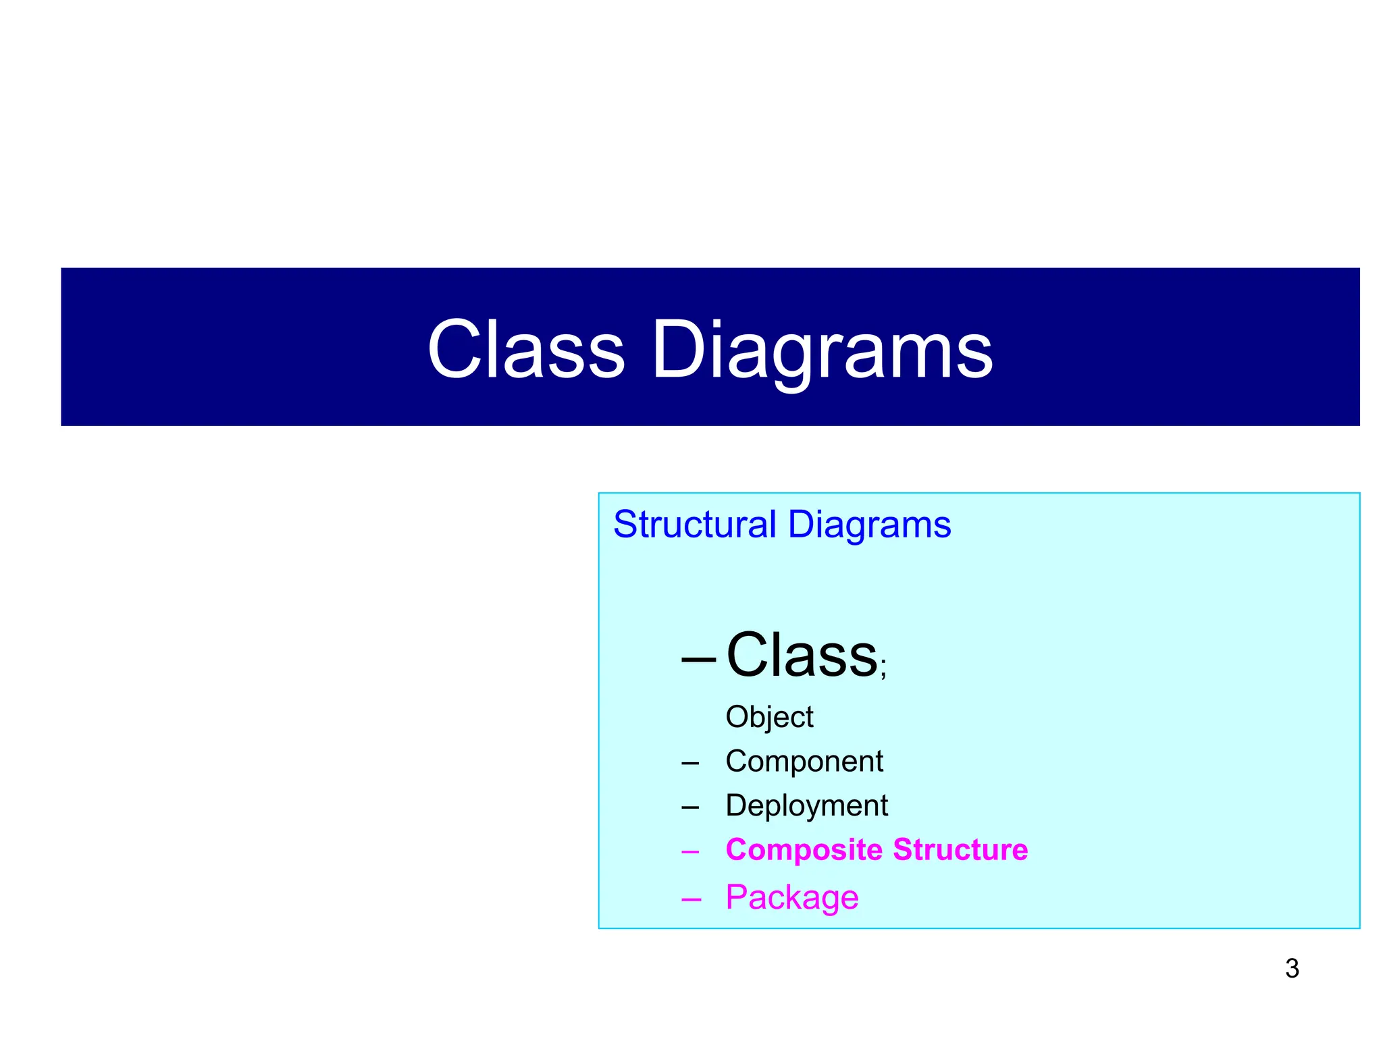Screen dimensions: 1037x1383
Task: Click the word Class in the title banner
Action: point(526,350)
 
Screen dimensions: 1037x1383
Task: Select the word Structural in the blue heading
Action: point(694,525)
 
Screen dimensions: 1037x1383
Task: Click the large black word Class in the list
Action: point(801,655)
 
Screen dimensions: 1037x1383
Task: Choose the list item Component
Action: point(804,762)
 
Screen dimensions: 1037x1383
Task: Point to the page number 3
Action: point(1292,969)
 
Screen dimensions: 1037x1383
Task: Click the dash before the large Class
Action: point(698,658)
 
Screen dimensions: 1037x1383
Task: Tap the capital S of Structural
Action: point(625,525)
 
